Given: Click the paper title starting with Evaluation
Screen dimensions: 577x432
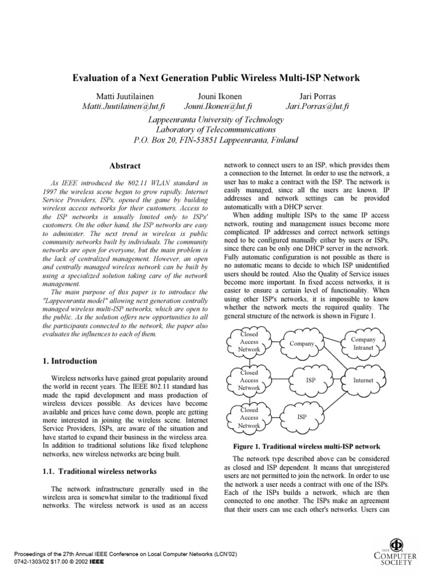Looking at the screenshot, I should coord(215,78).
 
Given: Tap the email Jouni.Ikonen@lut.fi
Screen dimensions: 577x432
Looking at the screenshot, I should coord(218,105).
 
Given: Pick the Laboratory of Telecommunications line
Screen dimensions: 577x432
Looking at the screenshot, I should coord(215,129).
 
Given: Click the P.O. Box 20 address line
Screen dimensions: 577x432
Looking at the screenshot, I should coord(215,140).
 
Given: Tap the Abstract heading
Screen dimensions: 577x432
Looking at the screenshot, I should coord(124,166).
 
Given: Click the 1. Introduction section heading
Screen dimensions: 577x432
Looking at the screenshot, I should coord(70,361).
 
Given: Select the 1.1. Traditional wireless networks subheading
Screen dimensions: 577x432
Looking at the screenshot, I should coord(100,471).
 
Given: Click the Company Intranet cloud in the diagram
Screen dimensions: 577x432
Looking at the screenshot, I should coord(363,344).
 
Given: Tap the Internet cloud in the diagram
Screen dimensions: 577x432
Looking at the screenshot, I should coord(363,380).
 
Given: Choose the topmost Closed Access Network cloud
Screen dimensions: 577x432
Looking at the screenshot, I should coord(249,342).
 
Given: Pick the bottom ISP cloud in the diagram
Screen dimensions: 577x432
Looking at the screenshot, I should coord(302,418).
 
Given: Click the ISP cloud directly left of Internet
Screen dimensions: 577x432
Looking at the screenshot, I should coord(310,380).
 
